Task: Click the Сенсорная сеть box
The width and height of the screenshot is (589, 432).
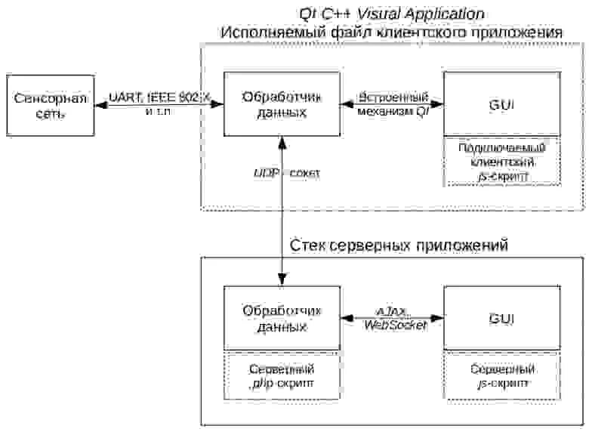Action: point(49,105)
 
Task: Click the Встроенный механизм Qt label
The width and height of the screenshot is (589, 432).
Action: point(393,105)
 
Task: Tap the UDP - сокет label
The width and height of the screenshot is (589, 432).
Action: point(286,174)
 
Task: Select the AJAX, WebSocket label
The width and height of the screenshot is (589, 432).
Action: point(393,318)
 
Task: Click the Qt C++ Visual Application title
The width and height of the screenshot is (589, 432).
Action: point(390,14)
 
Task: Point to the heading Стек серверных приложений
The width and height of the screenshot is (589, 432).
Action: point(399,246)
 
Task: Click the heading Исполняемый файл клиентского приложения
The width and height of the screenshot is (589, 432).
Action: point(390,33)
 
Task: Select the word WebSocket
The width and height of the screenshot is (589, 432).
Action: point(395,325)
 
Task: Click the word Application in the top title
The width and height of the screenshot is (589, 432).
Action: point(446,14)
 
